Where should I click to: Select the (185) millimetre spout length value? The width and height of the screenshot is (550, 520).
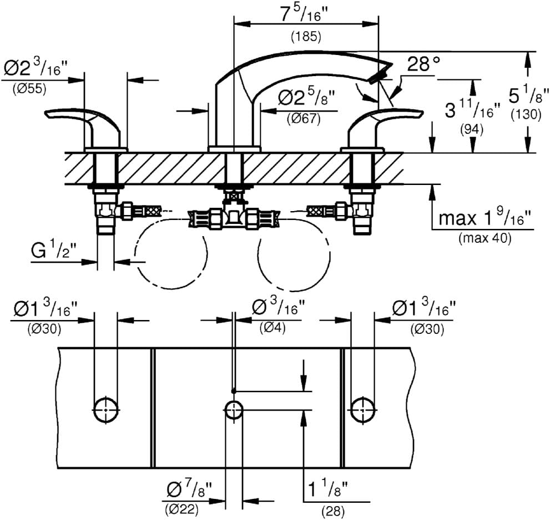306,38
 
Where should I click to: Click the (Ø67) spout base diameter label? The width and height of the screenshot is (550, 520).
304,118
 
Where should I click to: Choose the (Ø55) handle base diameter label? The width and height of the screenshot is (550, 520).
30,88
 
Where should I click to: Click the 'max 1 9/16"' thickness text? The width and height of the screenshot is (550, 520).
485,218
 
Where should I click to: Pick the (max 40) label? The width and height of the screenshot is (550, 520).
485,238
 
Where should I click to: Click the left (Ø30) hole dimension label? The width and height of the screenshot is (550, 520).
44,328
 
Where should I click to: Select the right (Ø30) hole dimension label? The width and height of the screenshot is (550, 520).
427,328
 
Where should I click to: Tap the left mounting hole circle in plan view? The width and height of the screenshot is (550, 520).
105,410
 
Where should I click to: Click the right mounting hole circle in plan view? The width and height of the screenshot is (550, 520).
363,410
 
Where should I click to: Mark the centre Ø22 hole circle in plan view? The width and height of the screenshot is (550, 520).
234,411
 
